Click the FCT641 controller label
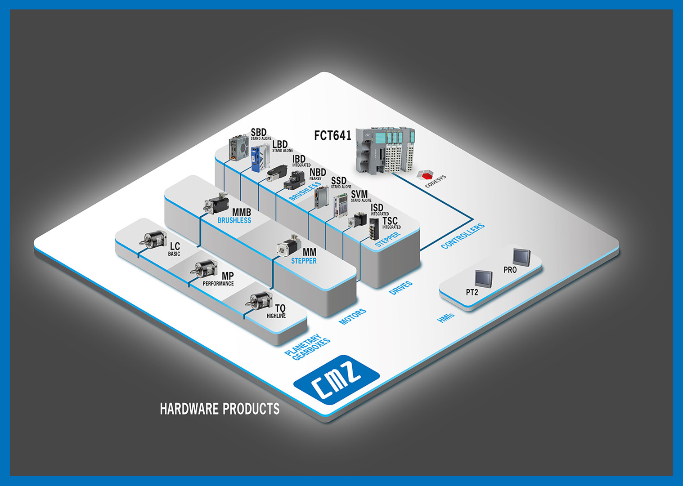tap(332, 135)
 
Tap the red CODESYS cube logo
tap(425, 175)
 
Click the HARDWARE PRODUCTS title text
tap(220, 409)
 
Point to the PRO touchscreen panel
tap(521, 257)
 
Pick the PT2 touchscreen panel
tap(484, 278)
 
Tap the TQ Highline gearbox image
tap(260, 300)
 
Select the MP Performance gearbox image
tap(205, 268)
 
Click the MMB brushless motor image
tap(216, 203)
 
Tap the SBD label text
tap(259, 132)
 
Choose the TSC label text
tap(390, 221)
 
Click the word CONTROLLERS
tap(463, 236)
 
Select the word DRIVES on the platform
tap(400, 288)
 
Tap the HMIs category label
tap(446, 317)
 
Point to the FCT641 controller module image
tap(384, 150)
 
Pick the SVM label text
tap(359, 194)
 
